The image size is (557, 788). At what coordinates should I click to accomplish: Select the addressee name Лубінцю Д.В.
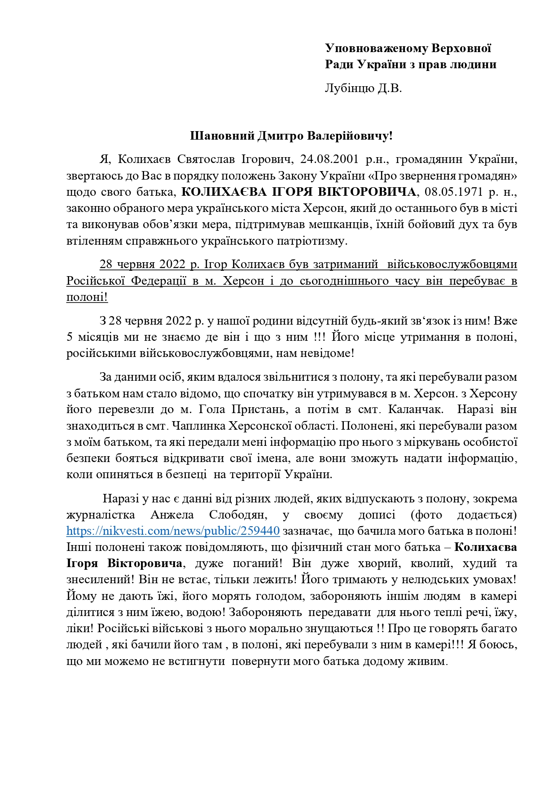coord(363,88)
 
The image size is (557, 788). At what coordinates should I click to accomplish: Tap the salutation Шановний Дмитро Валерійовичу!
coord(291,136)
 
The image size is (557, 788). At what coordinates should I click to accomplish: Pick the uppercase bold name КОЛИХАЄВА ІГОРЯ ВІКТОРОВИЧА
coord(298,192)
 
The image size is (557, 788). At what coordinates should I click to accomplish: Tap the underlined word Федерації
coord(159,281)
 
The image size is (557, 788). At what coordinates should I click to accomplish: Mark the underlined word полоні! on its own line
coord(87,297)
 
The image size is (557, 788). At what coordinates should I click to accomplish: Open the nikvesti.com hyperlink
coord(173,531)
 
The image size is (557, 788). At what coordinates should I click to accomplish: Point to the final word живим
coord(430,661)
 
